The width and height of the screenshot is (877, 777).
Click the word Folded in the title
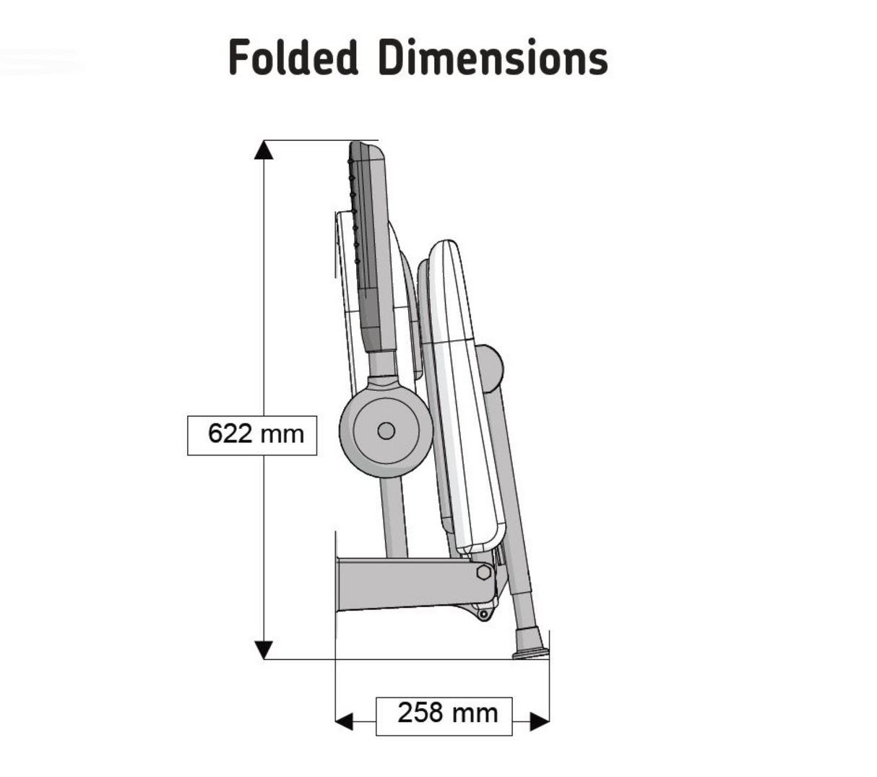coord(293,56)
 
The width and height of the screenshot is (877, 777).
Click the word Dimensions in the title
coord(493,56)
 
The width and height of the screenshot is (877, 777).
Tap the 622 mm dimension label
coord(252,435)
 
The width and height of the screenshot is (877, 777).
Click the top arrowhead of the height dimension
coord(264,150)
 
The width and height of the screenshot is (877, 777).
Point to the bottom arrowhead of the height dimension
coord(264,650)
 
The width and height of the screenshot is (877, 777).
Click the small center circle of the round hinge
coord(386,431)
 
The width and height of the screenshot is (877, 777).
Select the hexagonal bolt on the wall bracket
coord(483,572)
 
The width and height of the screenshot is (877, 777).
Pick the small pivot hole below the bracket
coord(483,614)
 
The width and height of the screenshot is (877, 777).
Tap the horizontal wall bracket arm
coord(415,585)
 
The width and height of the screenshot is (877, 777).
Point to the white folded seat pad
coord(465,398)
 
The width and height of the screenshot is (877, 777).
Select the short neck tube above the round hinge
coord(382,364)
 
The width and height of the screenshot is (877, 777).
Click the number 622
coord(230,433)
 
